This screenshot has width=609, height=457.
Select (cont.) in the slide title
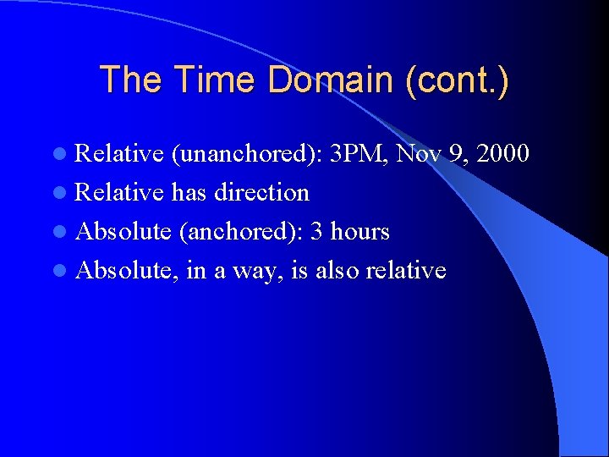point(457,80)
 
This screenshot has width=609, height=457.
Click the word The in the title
point(136,80)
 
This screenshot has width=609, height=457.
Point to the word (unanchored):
point(248,154)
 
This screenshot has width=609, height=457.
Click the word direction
point(261,192)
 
